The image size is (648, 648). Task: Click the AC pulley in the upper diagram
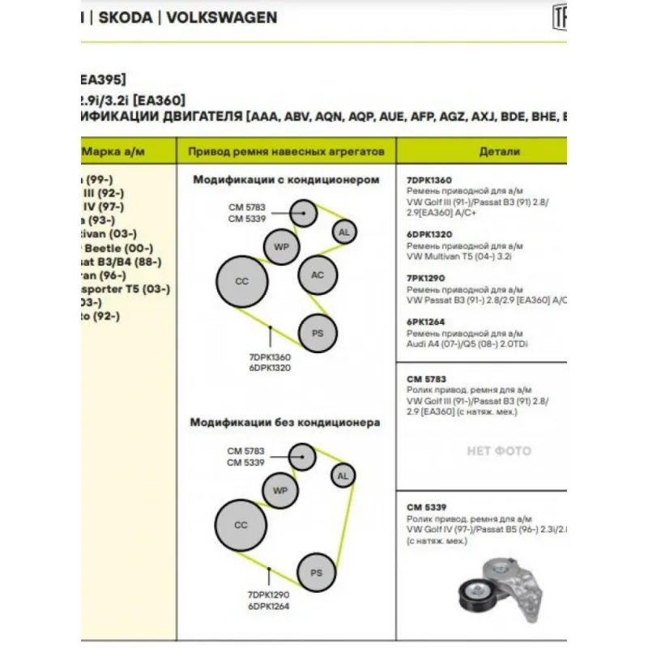[318, 275]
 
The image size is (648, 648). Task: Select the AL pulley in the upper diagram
[344, 232]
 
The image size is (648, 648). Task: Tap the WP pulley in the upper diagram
[282, 246]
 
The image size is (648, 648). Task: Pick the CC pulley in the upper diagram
[241, 281]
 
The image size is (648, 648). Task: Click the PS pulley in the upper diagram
[318, 333]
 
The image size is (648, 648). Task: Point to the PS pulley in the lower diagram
[317, 573]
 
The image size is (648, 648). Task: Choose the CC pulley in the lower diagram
[241, 525]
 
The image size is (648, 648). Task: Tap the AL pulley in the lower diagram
[343, 475]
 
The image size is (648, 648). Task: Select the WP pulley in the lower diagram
[281, 491]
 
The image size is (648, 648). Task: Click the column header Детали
[499, 151]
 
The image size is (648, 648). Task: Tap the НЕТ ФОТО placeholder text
[499, 451]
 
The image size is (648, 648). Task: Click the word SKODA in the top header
[126, 17]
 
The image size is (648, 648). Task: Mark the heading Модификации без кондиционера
[285, 422]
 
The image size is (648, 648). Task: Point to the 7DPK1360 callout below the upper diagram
[270, 356]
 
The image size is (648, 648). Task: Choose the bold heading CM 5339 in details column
[426, 507]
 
